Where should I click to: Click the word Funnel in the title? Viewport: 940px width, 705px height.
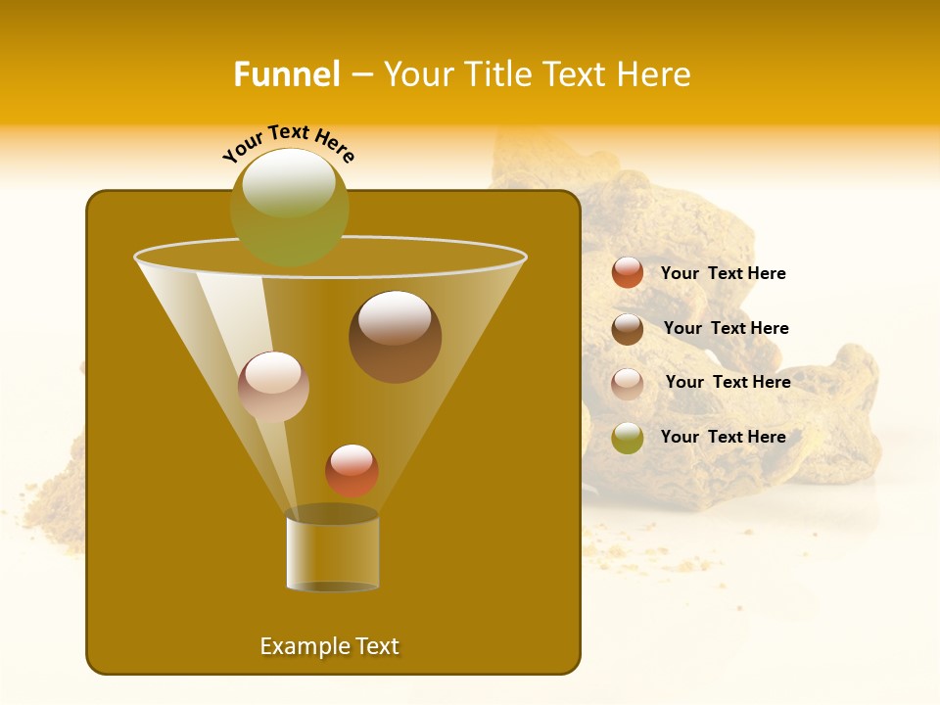coord(286,74)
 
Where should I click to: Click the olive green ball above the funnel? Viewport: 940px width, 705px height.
coord(289,207)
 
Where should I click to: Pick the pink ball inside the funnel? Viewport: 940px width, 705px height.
coord(273,387)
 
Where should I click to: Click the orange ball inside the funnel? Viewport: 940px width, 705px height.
coord(352,470)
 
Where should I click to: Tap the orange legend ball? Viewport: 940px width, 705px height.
coord(628,273)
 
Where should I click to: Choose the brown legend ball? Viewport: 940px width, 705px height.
coord(628,329)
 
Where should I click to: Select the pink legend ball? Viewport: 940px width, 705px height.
coord(628,384)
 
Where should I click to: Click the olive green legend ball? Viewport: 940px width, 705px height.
coord(628,438)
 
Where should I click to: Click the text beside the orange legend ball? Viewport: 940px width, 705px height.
coord(723,273)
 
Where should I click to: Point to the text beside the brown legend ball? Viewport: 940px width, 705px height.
coord(726,328)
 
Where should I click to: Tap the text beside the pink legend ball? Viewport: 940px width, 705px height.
coord(728,382)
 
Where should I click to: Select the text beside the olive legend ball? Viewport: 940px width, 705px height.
coord(723,437)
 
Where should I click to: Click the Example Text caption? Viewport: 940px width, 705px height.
coord(329,646)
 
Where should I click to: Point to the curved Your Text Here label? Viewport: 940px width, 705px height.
coord(289,142)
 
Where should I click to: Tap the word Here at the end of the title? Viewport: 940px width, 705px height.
coord(655,74)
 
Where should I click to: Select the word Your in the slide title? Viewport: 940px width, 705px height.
coord(418,74)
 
